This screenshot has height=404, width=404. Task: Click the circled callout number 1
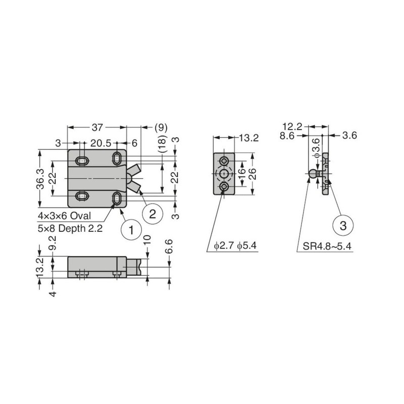[x=131, y=230]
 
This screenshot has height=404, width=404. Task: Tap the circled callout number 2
[x=153, y=214]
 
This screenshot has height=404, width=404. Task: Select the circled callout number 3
[x=343, y=226]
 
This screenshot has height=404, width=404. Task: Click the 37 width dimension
[x=97, y=127]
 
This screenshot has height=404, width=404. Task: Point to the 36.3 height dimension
[x=40, y=179]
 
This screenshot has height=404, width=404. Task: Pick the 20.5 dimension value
[x=100, y=143]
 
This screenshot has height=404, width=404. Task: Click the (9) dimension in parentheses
[x=161, y=128]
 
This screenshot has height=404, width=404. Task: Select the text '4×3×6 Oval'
[x=65, y=216]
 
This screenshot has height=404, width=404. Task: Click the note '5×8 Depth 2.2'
[x=70, y=228]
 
